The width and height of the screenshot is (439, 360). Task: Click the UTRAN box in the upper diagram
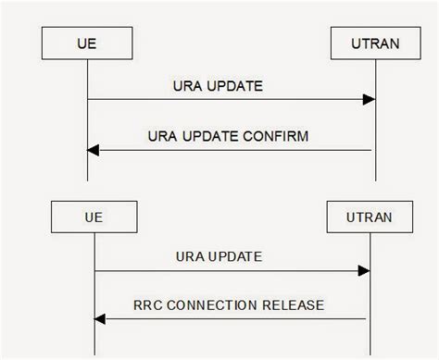376,43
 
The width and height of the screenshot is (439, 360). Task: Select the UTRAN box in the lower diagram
370,219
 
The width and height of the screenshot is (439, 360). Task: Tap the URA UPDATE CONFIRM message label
228,135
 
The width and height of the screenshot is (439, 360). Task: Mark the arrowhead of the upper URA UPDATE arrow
370,98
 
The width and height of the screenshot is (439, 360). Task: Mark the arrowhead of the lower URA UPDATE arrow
365,270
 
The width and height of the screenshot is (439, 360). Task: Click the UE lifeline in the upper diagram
88,120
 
